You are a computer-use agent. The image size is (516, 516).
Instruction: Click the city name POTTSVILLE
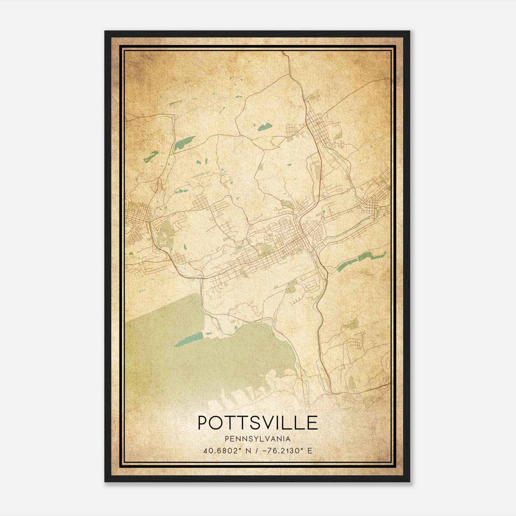coord(258,423)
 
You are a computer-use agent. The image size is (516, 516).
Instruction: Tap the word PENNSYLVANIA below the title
coord(258,439)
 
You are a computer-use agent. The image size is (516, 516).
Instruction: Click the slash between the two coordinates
coord(257,451)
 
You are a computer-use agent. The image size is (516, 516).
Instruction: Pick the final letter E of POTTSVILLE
coord(312,423)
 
